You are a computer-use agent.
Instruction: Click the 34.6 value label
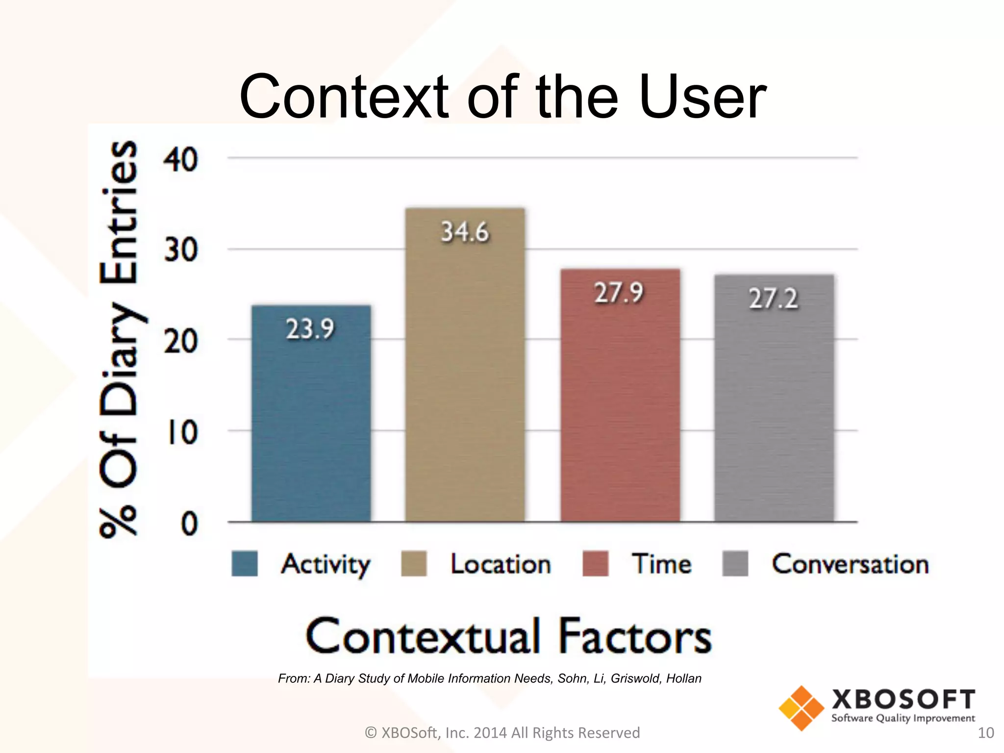pos(465,232)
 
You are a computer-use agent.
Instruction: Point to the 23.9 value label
pos(310,328)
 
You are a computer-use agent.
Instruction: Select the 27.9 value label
pos(619,293)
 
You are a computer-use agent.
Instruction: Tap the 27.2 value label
pos(773,299)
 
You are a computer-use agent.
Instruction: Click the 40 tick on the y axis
pos(181,160)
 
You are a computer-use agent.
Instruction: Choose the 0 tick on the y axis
pos(189,524)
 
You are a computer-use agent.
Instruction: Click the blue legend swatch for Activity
pos(244,564)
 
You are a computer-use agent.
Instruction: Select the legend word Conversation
pos(850,564)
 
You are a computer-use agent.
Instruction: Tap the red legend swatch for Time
pos(595,564)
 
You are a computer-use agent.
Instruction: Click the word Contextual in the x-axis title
pos(424,636)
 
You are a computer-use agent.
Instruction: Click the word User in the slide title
pos(703,97)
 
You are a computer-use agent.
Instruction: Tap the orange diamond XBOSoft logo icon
pos(801,708)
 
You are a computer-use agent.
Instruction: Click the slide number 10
pos(986,733)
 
